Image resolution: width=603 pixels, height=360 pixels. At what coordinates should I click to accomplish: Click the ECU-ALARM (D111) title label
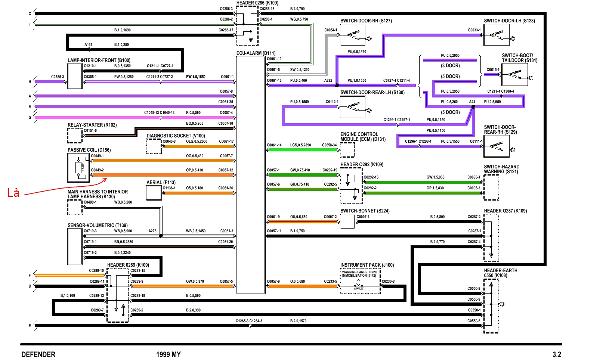(x=256, y=53)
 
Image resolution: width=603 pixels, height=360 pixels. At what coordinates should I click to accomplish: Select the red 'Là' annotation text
(x=13, y=193)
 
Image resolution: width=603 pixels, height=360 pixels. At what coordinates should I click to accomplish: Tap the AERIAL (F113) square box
(x=154, y=193)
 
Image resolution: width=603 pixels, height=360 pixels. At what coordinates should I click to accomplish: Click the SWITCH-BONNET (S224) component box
(x=347, y=222)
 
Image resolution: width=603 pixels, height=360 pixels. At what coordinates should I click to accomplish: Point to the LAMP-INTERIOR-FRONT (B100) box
(x=75, y=76)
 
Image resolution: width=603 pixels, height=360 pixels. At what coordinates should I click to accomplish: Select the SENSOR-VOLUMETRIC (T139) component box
(x=75, y=246)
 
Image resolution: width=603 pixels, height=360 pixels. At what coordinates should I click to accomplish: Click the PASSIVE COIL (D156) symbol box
(x=78, y=167)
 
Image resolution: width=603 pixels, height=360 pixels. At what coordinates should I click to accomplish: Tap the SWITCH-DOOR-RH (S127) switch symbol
(x=353, y=35)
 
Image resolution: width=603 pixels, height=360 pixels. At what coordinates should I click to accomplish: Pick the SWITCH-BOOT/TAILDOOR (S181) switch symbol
(x=514, y=74)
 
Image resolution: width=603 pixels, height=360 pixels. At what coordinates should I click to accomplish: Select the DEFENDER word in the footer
(x=38, y=354)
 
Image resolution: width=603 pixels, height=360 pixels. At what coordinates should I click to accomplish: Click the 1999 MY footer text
(x=168, y=354)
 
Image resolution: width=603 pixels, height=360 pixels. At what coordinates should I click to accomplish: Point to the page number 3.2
(x=557, y=354)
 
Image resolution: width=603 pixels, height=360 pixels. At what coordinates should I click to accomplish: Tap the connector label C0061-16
(x=274, y=80)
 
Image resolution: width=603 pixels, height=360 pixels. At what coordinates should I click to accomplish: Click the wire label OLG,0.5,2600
(x=197, y=141)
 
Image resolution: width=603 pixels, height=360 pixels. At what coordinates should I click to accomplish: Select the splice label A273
(x=152, y=231)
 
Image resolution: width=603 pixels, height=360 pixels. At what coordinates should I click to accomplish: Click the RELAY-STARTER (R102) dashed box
(x=75, y=136)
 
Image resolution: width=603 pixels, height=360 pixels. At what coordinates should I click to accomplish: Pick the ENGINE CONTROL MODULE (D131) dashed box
(x=347, y=150)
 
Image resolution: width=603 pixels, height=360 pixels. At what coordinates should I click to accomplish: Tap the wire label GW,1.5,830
(x=436, y=177)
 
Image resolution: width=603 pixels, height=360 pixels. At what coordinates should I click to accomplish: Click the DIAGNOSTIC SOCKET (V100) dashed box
(x=154, y=146)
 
